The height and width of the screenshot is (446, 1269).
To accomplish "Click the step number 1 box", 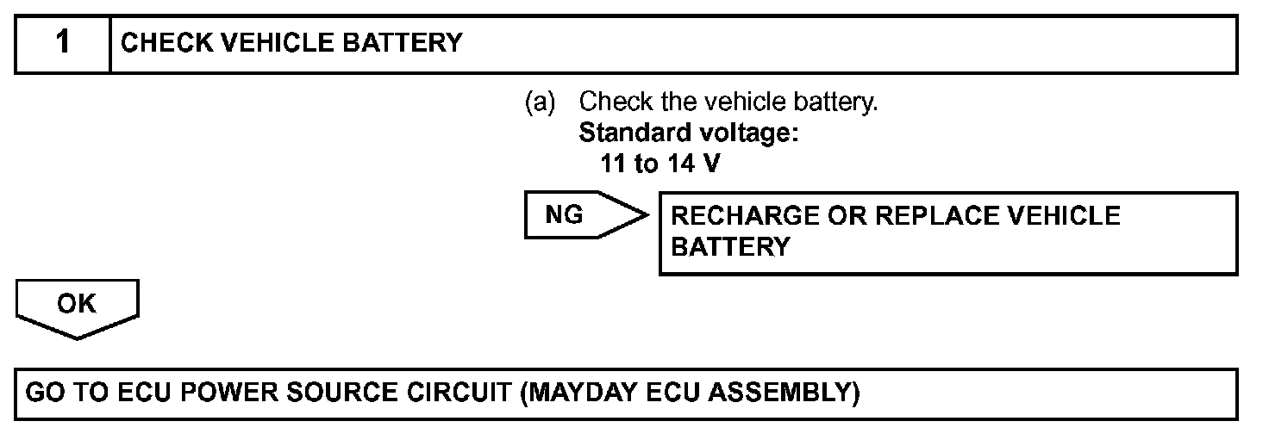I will (63, 43).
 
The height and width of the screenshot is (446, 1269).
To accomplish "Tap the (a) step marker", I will (541, 102).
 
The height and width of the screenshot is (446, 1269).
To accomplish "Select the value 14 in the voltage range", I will (678, 163).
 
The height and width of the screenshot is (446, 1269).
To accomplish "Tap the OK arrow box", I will (77, 306).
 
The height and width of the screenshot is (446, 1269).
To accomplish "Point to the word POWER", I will (212, 393).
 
